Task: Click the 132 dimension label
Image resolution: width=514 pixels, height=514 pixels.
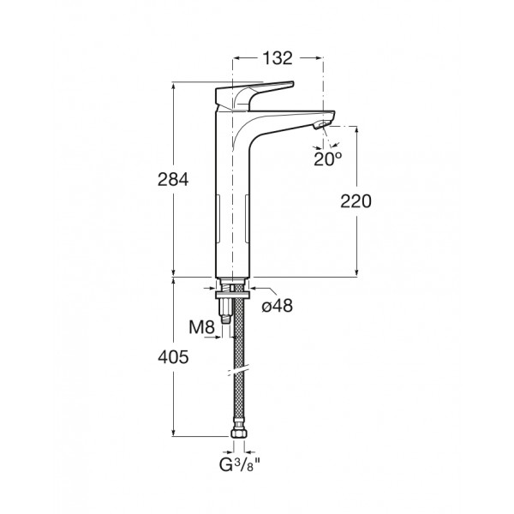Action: pos(278,58)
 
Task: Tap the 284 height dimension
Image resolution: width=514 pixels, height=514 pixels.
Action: pos(173,180)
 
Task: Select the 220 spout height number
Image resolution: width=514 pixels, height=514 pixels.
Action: pos(356,201)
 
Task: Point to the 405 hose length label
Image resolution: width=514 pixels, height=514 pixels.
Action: pos(173,357)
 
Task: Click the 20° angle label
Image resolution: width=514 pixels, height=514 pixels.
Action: pos(327,159)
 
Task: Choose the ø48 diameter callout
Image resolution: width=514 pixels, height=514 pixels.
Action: pos(278,306)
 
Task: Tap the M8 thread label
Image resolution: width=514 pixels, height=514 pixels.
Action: pos(201,327)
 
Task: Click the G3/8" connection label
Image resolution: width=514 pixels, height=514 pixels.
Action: pos(240,465)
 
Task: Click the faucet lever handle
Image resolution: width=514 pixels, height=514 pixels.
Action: pos(254,95)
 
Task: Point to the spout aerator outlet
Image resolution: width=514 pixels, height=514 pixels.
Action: pos(321,125)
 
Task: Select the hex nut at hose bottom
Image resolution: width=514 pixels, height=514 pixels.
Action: pos(238,433)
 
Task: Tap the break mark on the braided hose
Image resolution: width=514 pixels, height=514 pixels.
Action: pos(238,371)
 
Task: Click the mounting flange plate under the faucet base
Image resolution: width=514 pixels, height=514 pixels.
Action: pos(233,295)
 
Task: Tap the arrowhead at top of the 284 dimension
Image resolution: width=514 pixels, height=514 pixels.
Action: pos(173,87)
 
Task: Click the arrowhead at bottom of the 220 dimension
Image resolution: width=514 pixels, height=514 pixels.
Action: pos(356,272)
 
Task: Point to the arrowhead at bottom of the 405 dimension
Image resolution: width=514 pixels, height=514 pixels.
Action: pos(173,432)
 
